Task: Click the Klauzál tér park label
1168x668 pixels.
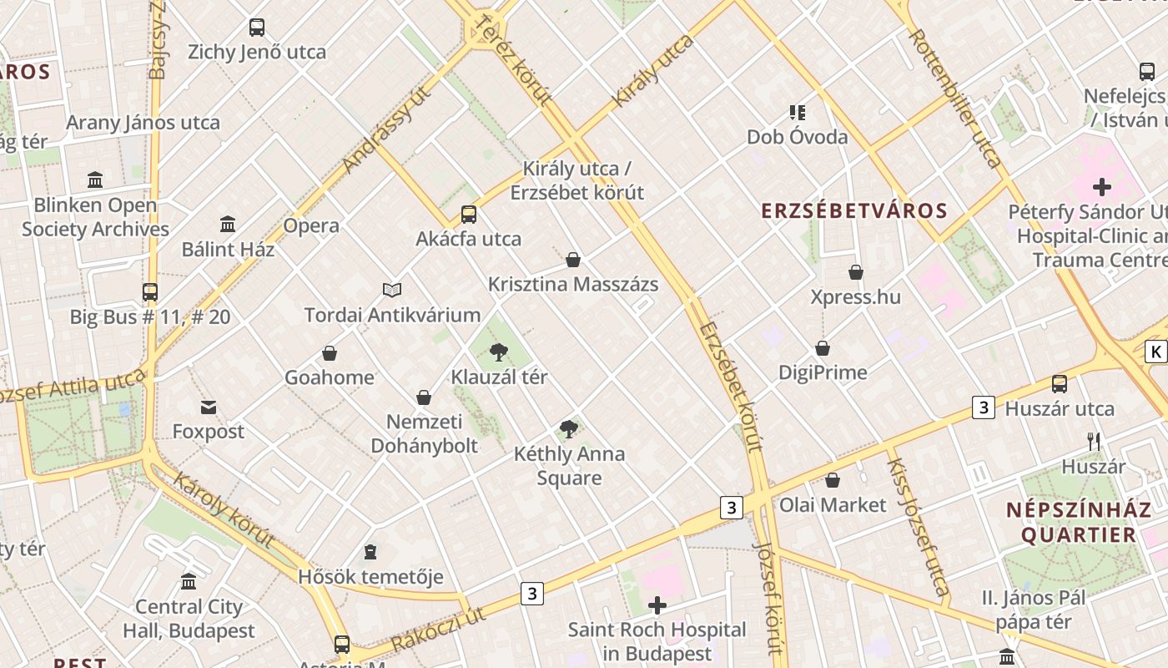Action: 499,377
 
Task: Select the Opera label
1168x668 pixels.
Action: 311,225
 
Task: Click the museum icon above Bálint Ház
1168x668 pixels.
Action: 228,224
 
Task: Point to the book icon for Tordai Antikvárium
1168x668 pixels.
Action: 392,290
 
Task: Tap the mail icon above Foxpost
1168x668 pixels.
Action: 209,407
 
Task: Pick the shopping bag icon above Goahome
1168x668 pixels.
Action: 330,353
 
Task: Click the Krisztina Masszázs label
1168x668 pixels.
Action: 573,284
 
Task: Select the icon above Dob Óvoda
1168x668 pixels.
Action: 797,112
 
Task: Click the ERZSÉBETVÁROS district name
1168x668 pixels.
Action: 855,210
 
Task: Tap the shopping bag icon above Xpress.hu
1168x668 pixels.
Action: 856,272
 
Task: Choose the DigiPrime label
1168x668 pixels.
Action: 823,372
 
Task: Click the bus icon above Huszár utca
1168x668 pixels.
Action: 1060,384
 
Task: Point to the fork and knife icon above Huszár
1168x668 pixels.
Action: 1094,442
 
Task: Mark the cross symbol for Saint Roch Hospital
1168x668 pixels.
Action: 657,605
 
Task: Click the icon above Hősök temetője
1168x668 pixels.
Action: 370,552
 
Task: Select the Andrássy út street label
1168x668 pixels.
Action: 385,129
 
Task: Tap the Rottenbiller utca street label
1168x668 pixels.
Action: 954,99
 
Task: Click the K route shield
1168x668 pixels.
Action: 1155,352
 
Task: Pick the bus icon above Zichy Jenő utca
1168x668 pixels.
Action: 257,28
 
